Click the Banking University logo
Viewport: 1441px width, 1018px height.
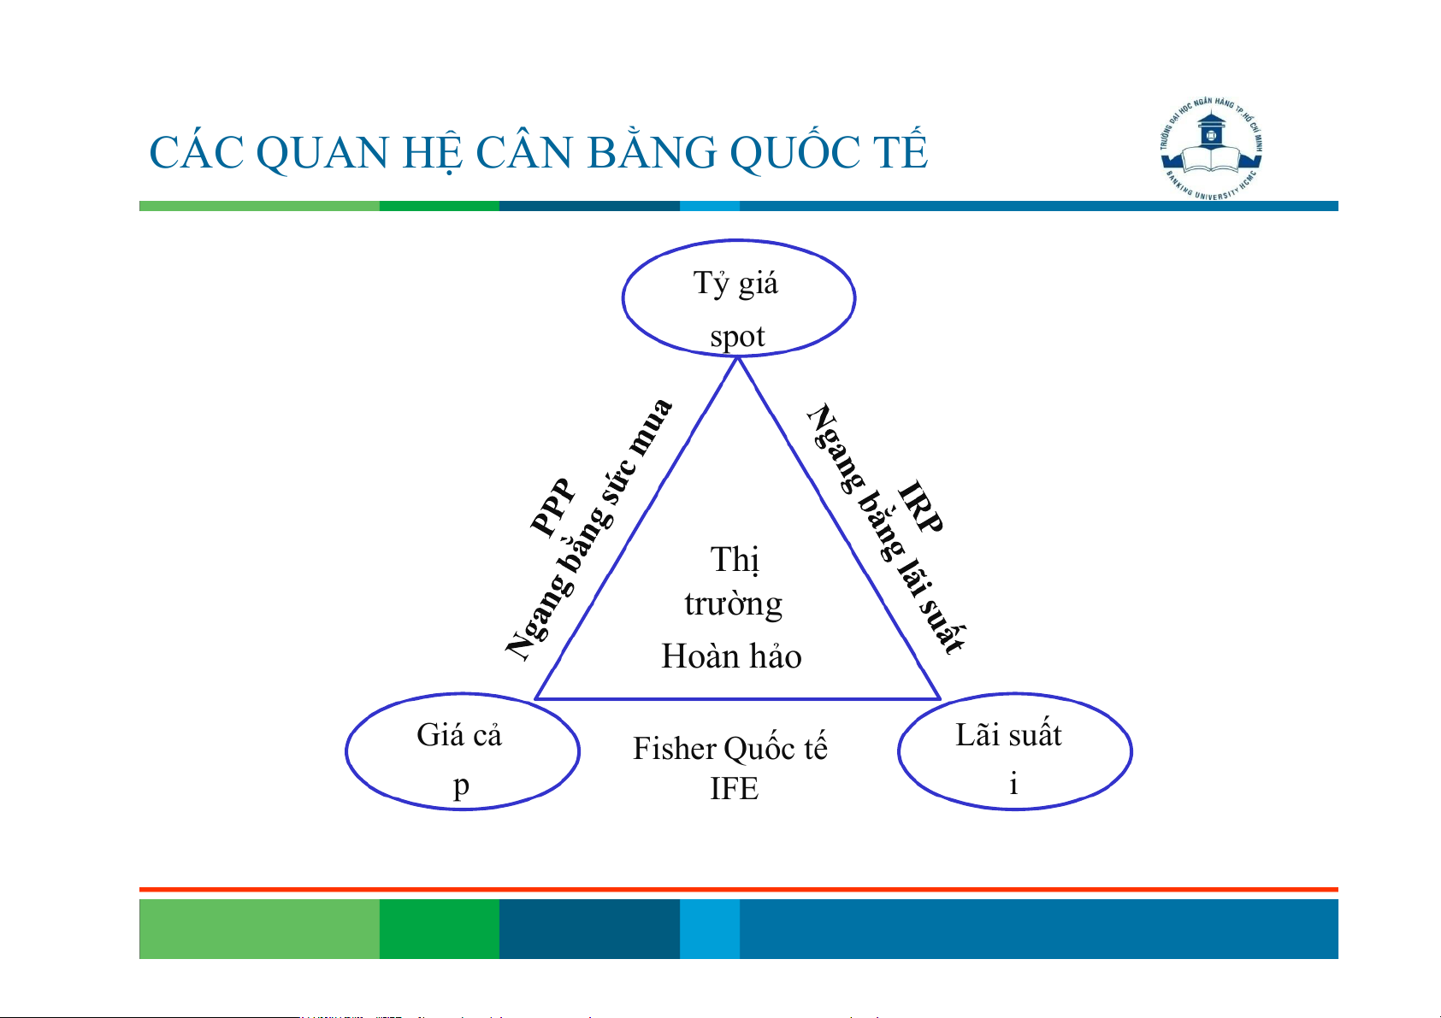pos(1211,149)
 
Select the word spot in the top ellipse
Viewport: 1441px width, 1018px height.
pos(737,337)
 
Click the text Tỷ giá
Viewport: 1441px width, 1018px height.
pos(735,283)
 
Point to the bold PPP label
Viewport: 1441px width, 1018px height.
pos(552,508)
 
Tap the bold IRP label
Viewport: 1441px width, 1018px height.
pos(920,507)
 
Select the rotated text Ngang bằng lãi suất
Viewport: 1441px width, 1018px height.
pos(887,528)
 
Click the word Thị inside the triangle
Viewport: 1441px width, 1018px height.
pos(735,560)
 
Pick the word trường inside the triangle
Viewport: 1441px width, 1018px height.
pos(734,604)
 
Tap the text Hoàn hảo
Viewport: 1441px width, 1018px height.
pos(731,656)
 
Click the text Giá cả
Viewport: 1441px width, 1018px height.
pos(458,734)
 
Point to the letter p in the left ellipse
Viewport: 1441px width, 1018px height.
pos(461,786)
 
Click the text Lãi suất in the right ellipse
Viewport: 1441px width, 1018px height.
pos(1008,734)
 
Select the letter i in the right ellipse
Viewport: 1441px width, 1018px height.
pos(1013,783)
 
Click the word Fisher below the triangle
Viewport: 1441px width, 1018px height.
pos(674,749)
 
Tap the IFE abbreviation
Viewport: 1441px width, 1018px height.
pos(734,788)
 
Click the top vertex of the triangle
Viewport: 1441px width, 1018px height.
pos(738,358)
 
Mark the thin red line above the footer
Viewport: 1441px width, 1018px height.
pos(739,890)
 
